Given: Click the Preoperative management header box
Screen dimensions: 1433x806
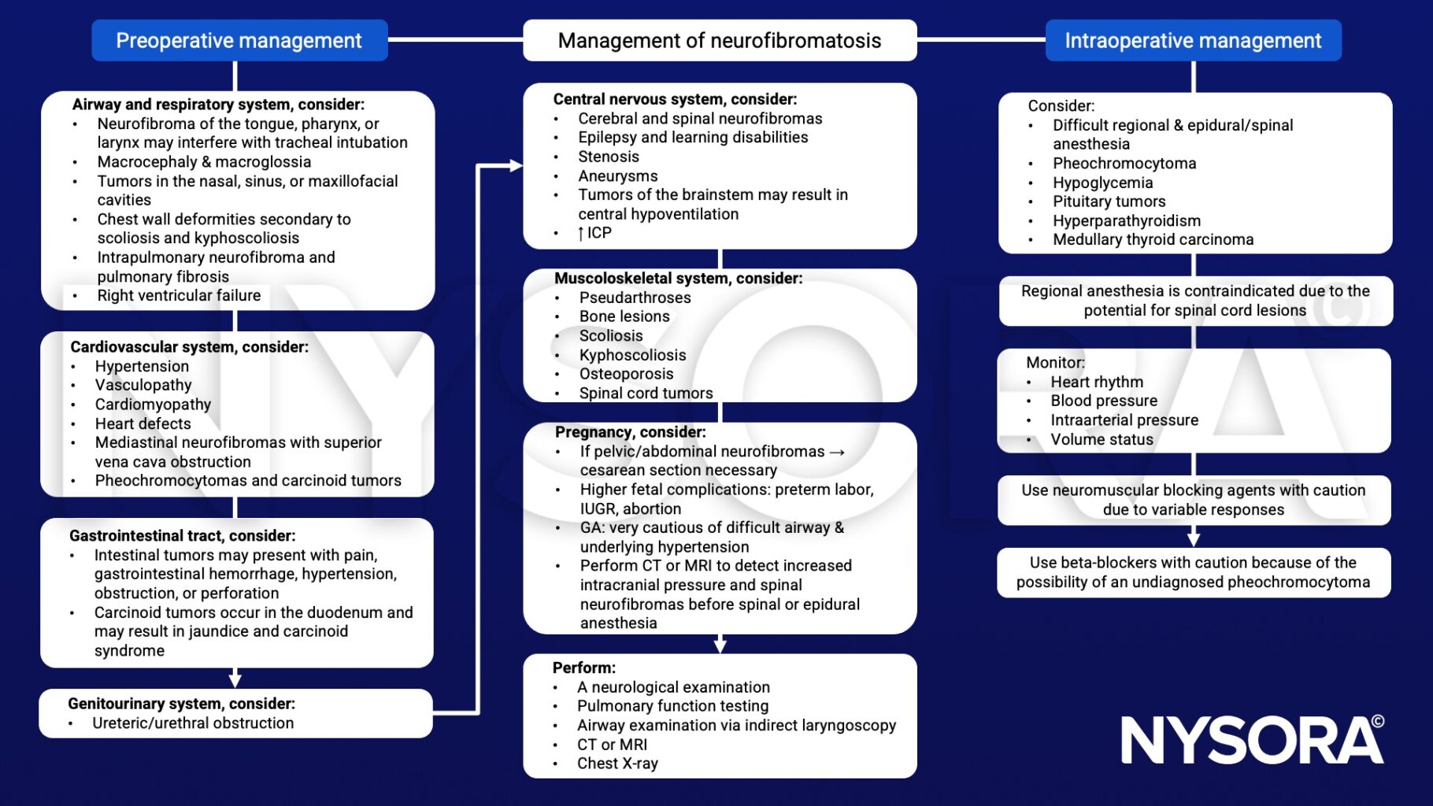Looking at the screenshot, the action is (239, 40).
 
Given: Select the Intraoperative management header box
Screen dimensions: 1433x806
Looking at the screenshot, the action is (1193, 40).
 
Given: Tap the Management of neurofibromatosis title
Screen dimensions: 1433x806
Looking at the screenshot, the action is (720, 40).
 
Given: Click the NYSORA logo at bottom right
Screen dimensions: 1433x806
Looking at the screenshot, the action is (1252, 739).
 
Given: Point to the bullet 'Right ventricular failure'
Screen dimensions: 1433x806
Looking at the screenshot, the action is (179, 295).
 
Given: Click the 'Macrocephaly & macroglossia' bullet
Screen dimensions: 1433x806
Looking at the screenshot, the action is (204, 161).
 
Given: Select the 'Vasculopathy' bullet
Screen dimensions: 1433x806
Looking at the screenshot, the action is (143, 385).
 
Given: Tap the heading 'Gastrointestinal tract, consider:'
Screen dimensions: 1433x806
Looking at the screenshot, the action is (183, 535).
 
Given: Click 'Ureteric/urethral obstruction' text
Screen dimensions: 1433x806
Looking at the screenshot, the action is (193, 723).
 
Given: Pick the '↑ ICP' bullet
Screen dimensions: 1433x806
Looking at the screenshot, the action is (594, 233).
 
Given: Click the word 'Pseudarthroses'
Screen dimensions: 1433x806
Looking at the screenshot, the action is (635, 298).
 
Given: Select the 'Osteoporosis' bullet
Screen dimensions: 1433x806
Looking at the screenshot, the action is (626, 374).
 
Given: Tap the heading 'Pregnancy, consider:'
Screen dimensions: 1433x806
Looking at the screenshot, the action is (631, 431).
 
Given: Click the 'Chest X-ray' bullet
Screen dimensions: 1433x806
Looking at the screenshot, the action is (617, 763).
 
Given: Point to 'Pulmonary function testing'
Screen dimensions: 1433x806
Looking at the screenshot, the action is (672, 706).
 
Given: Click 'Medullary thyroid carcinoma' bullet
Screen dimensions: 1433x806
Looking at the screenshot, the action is (1153, 239).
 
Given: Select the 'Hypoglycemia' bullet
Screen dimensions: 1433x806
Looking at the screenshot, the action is (1102, 183).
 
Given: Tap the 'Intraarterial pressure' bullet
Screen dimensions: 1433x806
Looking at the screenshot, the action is (1124, 420).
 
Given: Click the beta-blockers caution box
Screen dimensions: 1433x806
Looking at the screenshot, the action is (1194, 572).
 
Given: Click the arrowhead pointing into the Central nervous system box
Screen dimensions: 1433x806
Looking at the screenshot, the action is (517, 165).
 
